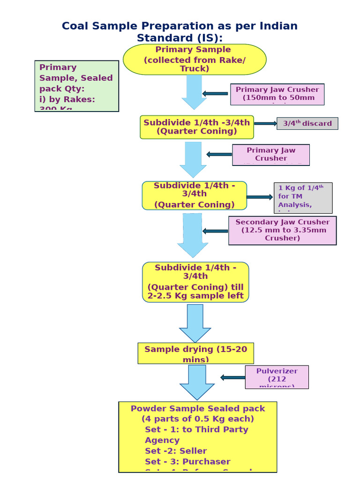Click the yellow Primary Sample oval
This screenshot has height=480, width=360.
(x=195, y=59)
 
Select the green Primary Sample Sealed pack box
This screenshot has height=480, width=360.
(x=76, y=86)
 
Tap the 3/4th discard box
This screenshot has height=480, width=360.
(x=307, y=124)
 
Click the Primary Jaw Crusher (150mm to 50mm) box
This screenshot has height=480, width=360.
(x=277, y=94)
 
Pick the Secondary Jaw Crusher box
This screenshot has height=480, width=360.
(x=282, y=230)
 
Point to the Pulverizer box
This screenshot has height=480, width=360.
(x=277, y=377)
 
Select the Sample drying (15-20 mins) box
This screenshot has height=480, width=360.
(x=195, y=353)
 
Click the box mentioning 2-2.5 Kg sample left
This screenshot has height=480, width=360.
(x=195, y=282)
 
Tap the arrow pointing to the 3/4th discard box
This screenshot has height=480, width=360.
(x=265, y=124)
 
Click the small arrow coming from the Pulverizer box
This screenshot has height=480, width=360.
(x=232, y=377)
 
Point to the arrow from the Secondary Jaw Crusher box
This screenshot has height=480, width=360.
(x=216, y=231)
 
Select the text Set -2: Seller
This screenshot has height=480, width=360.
(x=176, y=451)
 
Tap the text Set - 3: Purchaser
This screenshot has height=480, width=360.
(x=187, y=462)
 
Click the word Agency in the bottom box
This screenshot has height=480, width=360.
(x=162, y=440)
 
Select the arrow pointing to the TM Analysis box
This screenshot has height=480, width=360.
(x=259, y=197)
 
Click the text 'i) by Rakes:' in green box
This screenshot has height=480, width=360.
(x=67, y=99)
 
